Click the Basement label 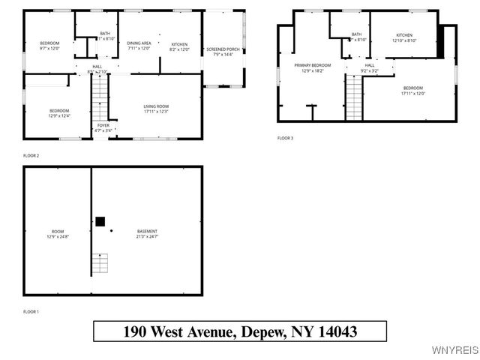(x=147, y=233)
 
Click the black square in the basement (x=100, y=221)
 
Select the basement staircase (x=100, y=264)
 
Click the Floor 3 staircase (x=354, y=98)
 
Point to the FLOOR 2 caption (x=31, y=155)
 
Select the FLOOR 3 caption (x=286, y=138)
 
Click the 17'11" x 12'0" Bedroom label (x=413, y=91)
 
